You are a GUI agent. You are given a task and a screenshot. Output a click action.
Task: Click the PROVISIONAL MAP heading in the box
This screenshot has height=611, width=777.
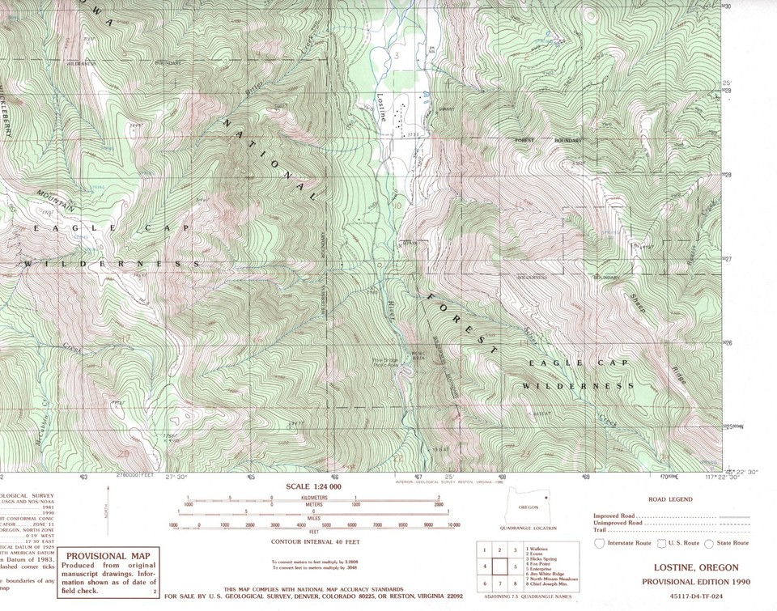tap(108, 556)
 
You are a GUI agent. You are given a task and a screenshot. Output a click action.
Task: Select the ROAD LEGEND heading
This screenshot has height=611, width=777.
tap(669, 500)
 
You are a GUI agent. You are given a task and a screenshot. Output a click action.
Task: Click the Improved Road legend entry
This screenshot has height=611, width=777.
tap(614, 516)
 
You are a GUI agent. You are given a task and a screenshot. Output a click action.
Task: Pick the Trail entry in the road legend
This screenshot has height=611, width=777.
tap(602, 529)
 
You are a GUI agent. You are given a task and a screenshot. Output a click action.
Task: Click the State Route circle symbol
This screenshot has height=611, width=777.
tap(709, 544)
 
